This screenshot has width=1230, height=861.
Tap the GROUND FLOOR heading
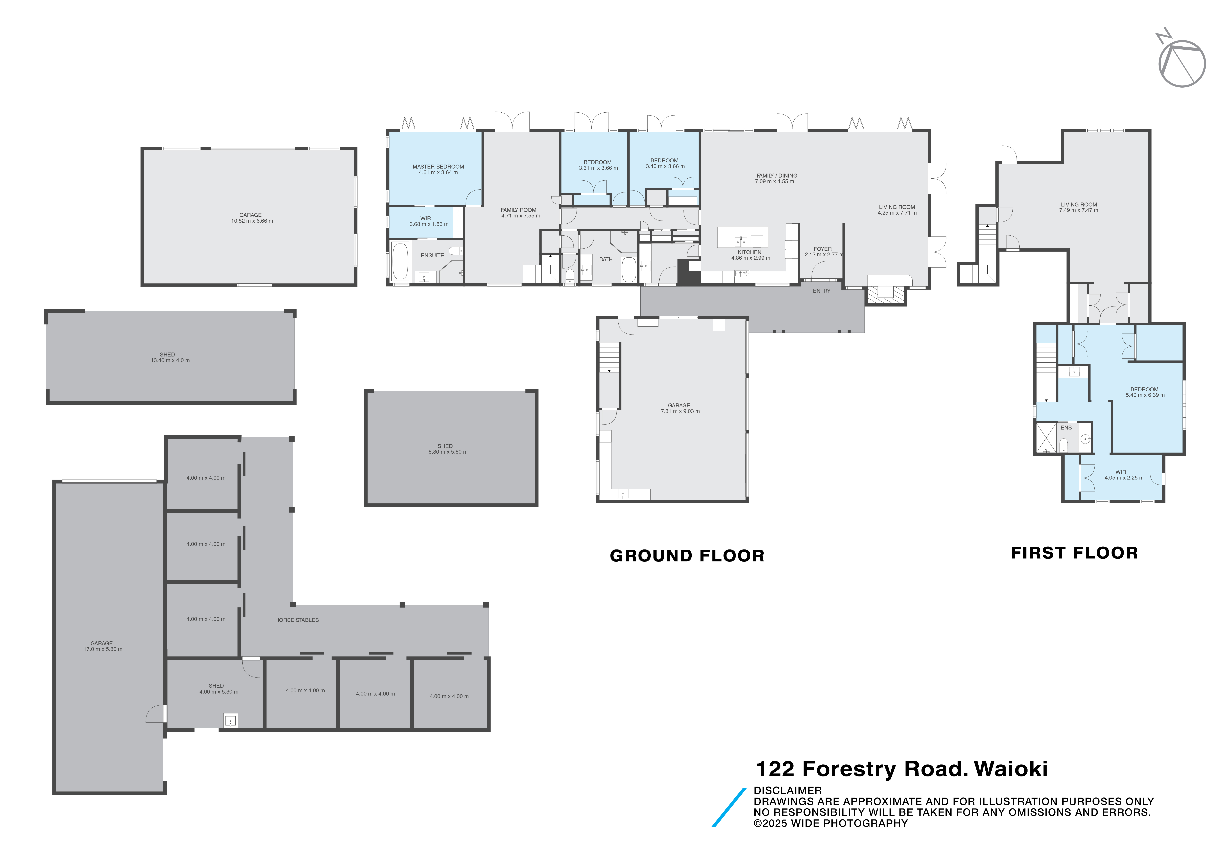click(687, 556)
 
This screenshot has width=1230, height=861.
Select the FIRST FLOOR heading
click(1074, 553)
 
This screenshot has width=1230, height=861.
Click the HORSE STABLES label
click(297, 620)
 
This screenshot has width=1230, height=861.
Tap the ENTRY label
click(821, 291)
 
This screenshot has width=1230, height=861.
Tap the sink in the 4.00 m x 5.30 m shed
click(230, 721)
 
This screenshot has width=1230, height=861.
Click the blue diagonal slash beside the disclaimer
click(729, 807)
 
